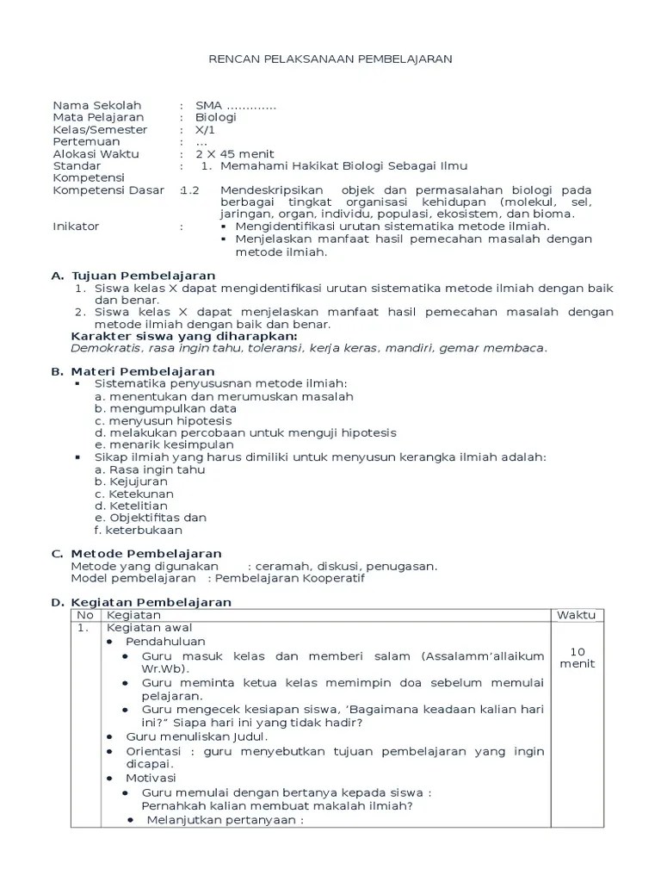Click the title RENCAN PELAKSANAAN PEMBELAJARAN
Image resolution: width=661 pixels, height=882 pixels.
[331, 58]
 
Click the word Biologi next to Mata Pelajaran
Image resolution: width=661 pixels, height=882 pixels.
[215, 117]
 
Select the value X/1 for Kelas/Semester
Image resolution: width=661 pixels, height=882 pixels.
[207, 129]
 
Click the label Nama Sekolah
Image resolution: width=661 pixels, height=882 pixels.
[96, 105]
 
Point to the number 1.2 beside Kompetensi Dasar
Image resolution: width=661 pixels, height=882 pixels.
[190, 189]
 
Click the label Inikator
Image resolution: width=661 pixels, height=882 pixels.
[76, 226]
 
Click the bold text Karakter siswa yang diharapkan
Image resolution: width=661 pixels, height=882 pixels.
[184, 335]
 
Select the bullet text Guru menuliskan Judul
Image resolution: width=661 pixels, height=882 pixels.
[197, 736]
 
